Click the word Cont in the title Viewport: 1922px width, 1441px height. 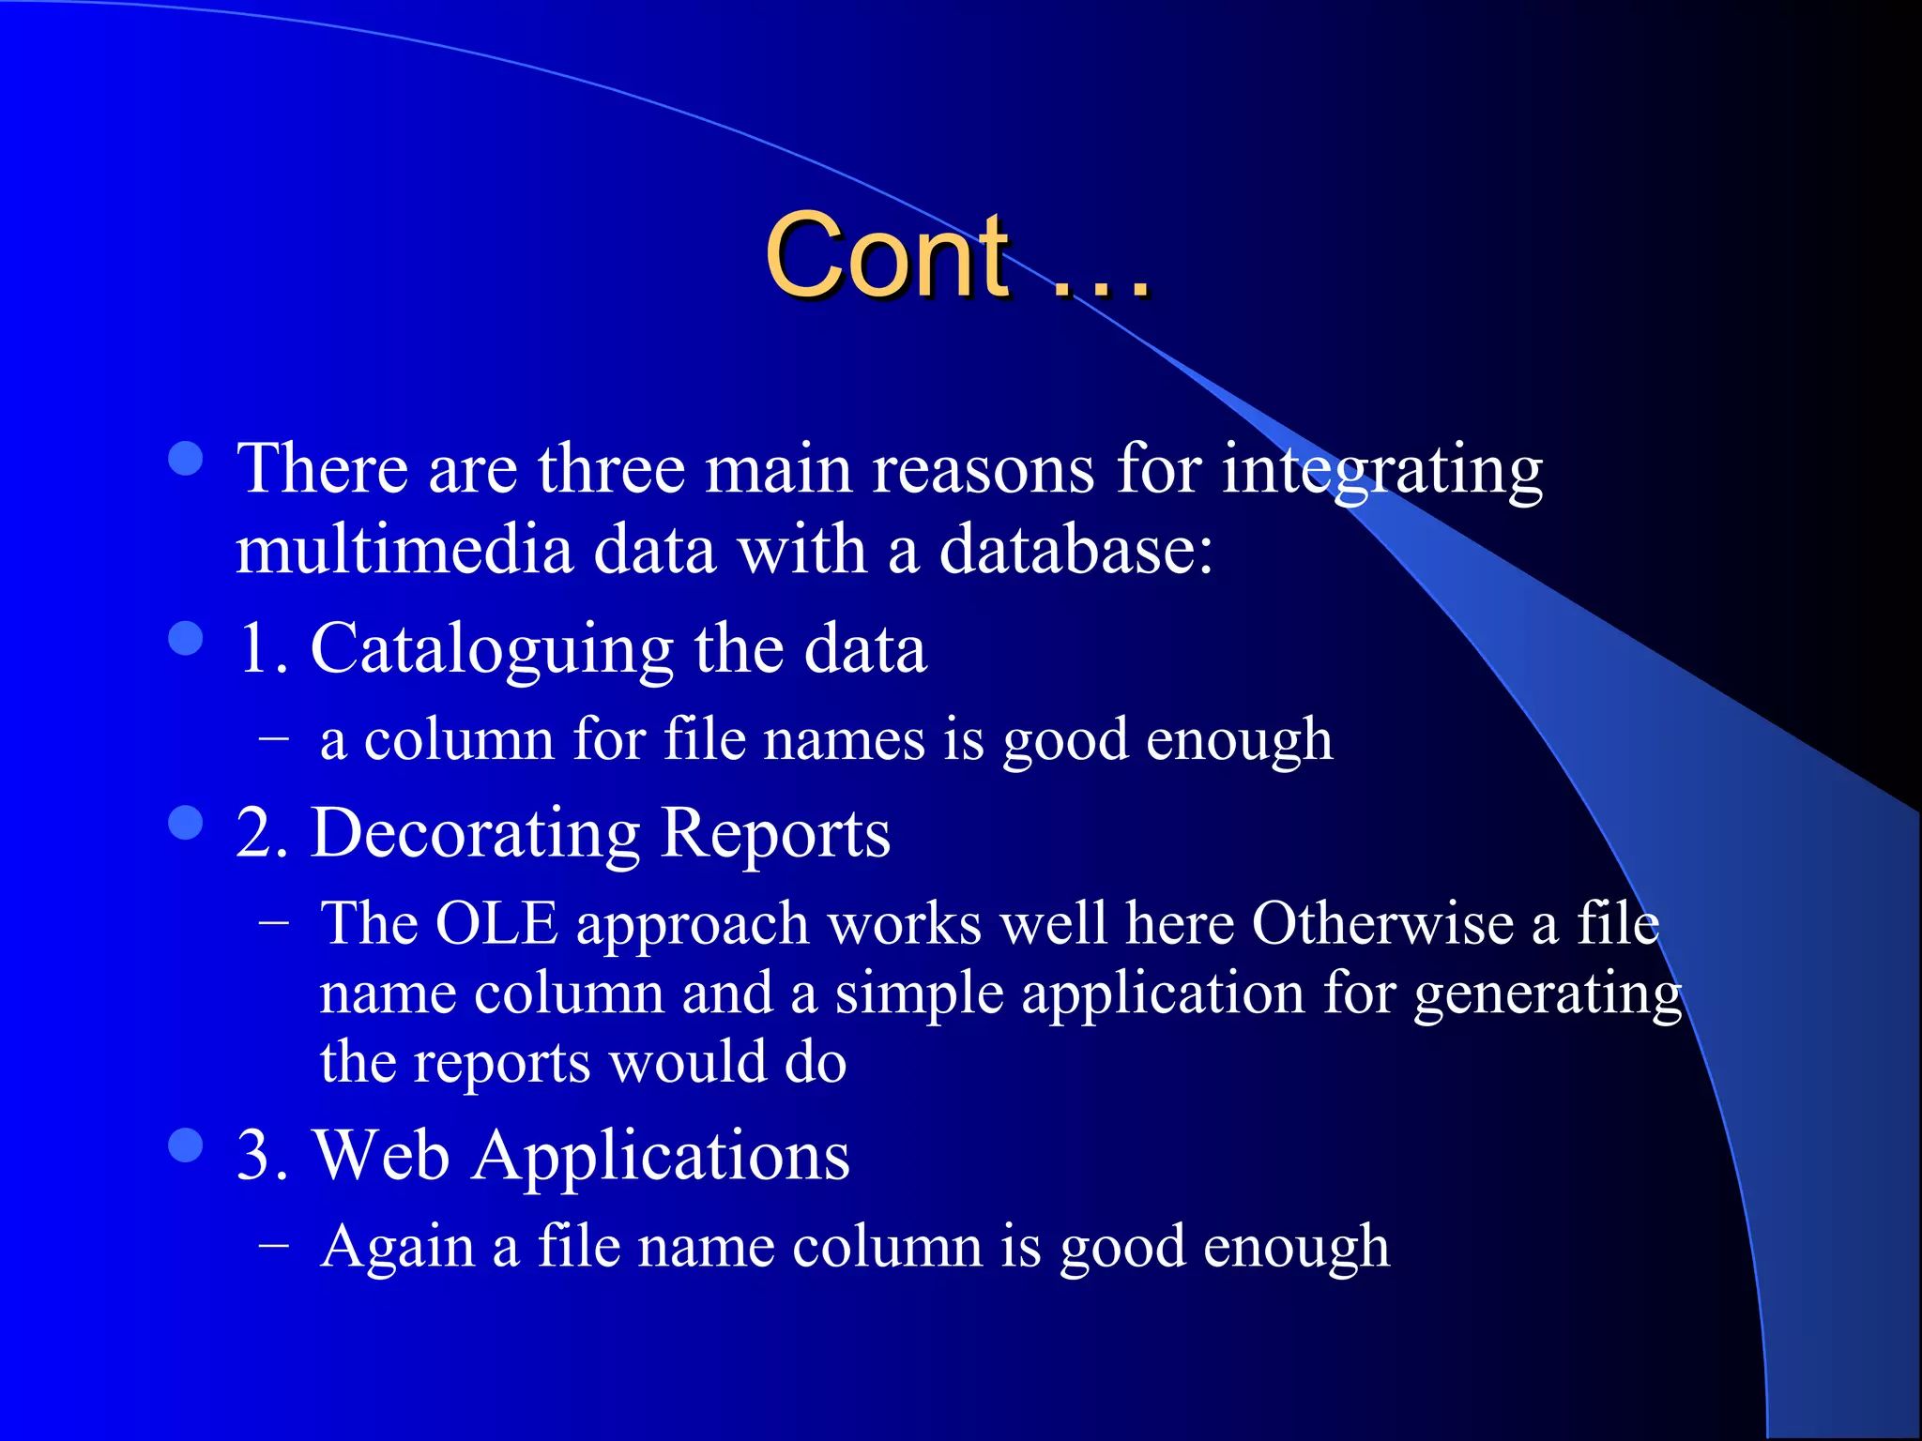[x=887, y=255]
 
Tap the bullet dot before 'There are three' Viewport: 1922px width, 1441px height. [x=186, y=460]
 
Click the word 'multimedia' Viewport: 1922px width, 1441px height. [x=404, y=550]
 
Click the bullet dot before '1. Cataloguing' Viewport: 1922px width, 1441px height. [x=186, y=639]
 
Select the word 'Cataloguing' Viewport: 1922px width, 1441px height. [x=491, y=650]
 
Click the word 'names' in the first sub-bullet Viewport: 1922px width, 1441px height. [x=844, y=740]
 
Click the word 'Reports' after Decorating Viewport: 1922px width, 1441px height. [x=775, y=833]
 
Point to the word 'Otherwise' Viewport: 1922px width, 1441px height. [x=1381, y=924]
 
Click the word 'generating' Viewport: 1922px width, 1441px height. [x=1547, y=995]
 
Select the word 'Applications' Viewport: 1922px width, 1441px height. [x=661, y=1157]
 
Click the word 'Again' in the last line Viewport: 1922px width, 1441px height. [x=397, y=1248]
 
